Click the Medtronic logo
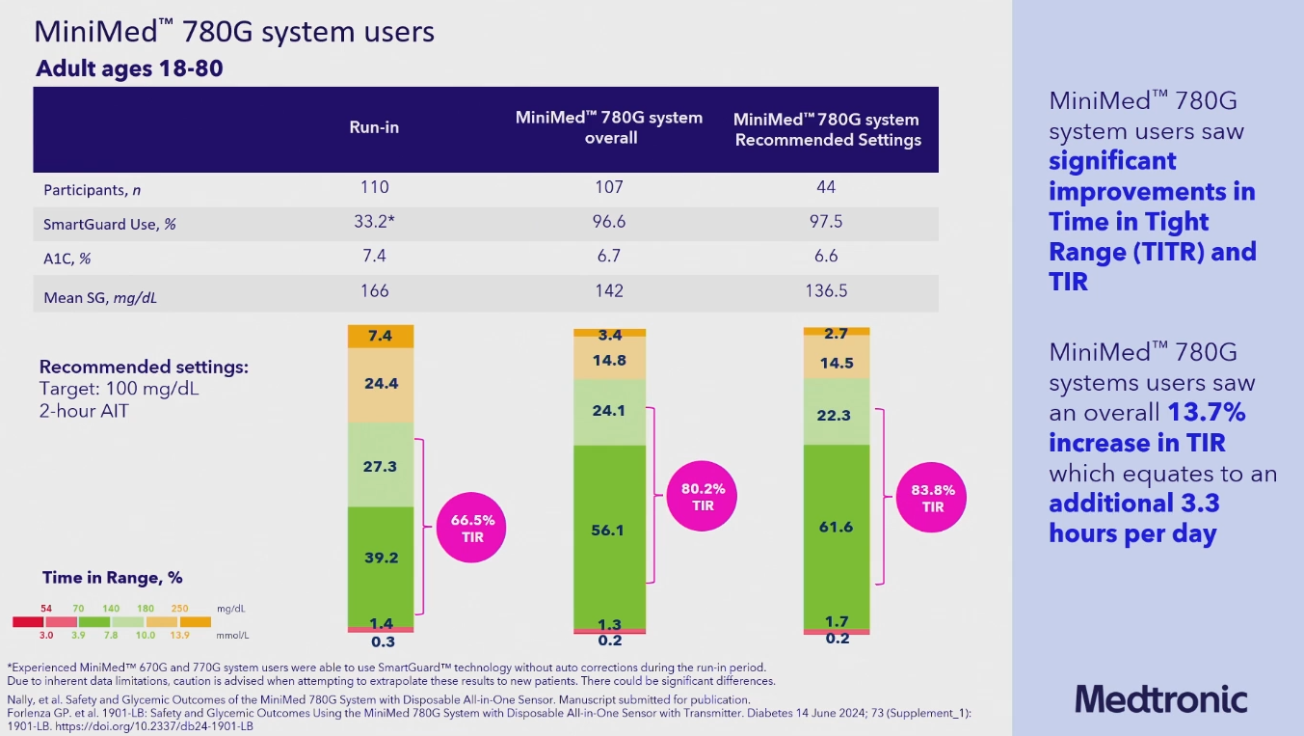click(x=1160, y=698)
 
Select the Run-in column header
click(x=374, y=128)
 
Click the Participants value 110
click(x=374, y=187)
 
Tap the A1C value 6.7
click(x=609, y=256)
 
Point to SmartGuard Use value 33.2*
click(x=374, y=222)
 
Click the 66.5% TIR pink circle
click(x=472, y=528)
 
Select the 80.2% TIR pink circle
click(x=703, y=497)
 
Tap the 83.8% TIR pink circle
click(x=932, y=498)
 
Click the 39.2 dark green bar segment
click(x=381, y=558)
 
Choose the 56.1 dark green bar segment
click(x=609, y=531)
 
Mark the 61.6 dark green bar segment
click(x=838, y=527)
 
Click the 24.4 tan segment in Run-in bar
click(x=381, y=384)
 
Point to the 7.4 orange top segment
click(x=381, y=336)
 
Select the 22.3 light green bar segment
click(x=838, y=415)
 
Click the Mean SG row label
click(x=100, y=298)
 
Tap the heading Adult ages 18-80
click(x=130, y=69)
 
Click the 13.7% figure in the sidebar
click(x=1207, y=413)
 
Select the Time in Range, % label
click(x=112, y=578)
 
